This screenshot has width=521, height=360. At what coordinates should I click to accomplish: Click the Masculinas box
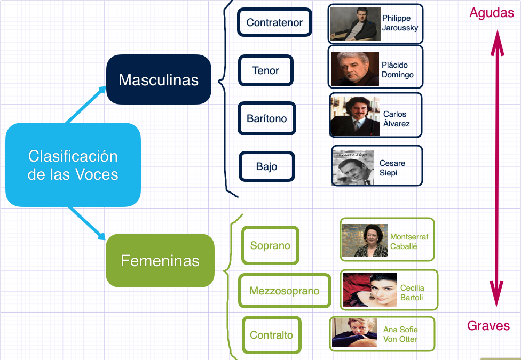click(159, 79)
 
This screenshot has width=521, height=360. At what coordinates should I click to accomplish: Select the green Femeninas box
click(160, 260)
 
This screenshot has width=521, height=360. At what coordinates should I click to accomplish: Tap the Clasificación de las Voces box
click(73, 165)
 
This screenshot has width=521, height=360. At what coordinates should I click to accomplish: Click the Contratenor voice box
click(274, 22)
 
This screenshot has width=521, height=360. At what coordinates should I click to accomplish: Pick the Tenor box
click(266, 70)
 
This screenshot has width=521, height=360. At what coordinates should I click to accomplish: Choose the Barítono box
click(267, 118)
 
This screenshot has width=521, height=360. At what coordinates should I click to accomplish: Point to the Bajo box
click(267, 166)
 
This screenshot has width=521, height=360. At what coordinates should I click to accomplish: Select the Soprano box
click(270, 245)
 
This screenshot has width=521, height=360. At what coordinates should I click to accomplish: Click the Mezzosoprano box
click(285, 291)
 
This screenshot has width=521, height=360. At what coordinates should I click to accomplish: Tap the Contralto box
click(271, 335)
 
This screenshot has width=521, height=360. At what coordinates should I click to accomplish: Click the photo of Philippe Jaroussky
click(355, 24)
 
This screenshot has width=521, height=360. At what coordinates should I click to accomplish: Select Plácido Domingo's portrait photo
click(354, 68)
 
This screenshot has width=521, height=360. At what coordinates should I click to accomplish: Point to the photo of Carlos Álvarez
click(354, 116)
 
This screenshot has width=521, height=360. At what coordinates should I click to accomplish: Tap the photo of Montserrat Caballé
click(365, 240)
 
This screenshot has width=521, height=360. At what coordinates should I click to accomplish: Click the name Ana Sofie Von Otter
click(400, 334)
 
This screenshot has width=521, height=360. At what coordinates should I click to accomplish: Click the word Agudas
click(491, 13)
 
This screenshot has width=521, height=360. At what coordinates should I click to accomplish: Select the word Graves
click(488, 325)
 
